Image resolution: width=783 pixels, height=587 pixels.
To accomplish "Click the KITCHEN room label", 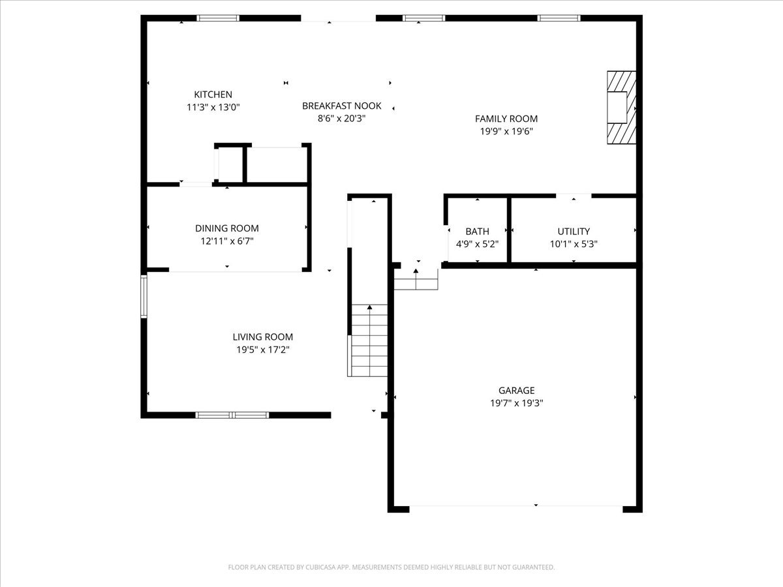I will point(213,95).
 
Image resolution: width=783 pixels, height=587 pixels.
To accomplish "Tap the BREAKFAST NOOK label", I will point(341,106).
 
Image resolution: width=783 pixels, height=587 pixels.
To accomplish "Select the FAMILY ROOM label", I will point(506,118).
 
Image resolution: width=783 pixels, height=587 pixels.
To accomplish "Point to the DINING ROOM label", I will point(226,228).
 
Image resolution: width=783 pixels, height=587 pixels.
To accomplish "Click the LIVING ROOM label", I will point(262,337).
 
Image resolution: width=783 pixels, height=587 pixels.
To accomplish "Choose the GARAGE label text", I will point(516,391).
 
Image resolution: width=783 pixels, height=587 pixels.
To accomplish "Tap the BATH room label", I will point(477,232).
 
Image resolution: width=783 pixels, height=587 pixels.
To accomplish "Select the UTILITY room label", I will point(574,232).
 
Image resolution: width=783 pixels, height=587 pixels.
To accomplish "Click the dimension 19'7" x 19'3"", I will point(516,403).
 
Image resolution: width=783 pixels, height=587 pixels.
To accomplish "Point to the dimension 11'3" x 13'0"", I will point(213,107).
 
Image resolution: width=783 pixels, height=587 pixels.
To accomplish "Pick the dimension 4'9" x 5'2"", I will point(477,244).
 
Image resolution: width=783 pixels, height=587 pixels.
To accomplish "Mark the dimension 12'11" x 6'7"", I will point(226,241).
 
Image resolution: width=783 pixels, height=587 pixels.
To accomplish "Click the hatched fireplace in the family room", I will point(621,107).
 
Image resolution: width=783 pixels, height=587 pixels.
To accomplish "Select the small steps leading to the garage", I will point(416,281).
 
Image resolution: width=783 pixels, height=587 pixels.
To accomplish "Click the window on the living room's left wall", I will point(144,296).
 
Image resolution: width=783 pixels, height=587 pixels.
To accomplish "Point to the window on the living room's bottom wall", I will point(232,415).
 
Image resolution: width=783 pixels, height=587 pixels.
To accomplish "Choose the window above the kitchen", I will point(218,18).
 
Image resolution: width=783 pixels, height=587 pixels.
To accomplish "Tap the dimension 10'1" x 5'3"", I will point(574,244).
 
